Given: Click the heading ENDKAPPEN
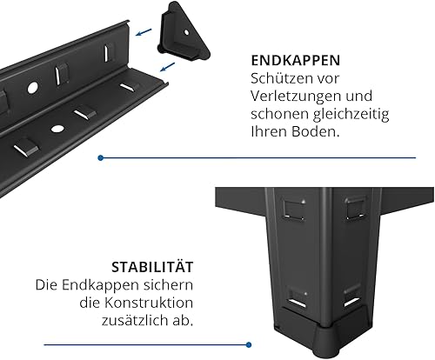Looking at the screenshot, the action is tap(296, 60).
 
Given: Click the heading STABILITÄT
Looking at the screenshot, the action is tap(152, 267).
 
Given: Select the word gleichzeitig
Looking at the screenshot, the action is tap(351, 114).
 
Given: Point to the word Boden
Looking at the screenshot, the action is tap(315, 131).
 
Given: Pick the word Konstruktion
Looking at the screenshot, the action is tap(149, 303).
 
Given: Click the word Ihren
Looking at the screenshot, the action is tap(270, 131).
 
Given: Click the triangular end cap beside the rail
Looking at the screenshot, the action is tap(183, 32).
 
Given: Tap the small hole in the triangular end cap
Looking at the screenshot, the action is tap(186, 32).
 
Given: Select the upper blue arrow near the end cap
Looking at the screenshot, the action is tap(144, 32).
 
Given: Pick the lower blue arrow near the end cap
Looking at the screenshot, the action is tap(168, 67).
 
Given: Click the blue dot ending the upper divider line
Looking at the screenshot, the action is tap(101, 158).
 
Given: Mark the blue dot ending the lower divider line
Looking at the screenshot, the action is tap(249, 345).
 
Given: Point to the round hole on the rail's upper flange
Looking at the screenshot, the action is tap(32, 88).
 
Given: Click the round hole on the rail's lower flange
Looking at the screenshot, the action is tap(57, 129).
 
